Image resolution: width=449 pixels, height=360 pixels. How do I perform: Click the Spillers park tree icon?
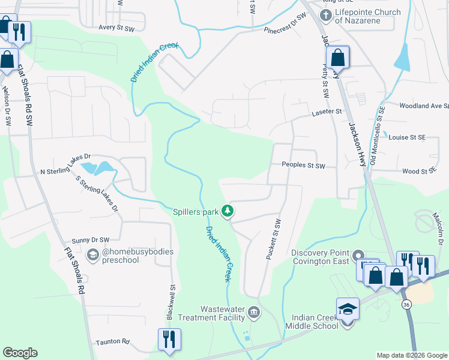coord(228,211)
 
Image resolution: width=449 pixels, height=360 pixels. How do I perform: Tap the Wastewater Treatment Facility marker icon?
coord(254,311)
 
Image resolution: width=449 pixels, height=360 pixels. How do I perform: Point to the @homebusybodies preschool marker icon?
coord(93,256)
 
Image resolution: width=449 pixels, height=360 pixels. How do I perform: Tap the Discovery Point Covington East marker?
coord(358,256)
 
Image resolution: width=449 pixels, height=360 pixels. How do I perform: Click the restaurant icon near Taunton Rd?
coord(169,340)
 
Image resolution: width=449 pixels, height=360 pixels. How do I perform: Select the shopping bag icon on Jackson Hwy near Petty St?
coord(338,58)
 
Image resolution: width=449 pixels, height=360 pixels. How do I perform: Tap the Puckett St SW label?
coord(273,239)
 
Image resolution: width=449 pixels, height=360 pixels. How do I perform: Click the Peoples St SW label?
coord(303,166)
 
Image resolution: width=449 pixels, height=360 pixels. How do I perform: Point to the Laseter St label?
coord(326,112)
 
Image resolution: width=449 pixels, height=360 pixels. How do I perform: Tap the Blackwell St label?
coord(170,302)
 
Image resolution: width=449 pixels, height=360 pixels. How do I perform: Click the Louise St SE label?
coord(407,137)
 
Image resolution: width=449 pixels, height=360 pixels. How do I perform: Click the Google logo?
coord(20,353)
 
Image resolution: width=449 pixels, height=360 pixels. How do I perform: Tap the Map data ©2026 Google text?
coord(411,355)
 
